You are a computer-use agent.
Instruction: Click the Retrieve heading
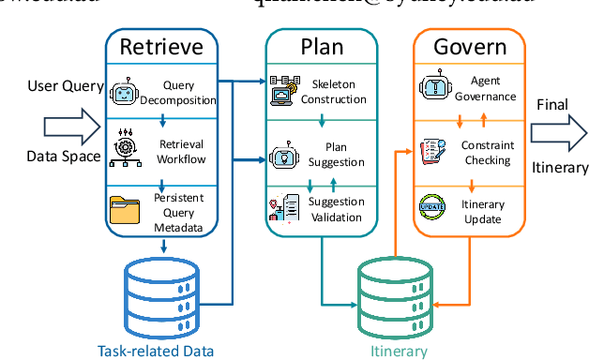coord(164,46)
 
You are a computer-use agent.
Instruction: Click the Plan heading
coord(321,46)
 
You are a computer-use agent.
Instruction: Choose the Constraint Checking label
coord(486,153)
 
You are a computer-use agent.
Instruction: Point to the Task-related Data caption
coord(156,351)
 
